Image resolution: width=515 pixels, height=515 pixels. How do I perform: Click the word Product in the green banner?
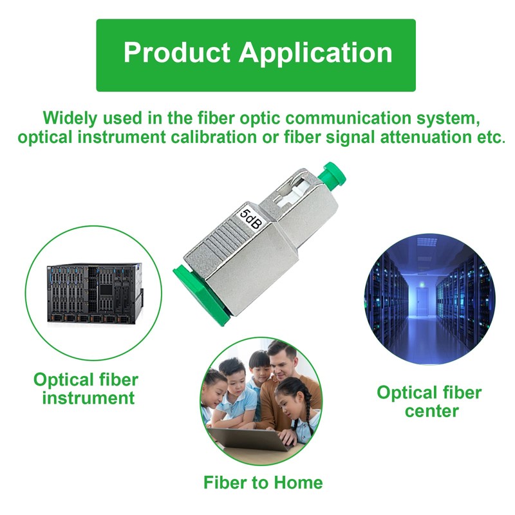tap(177, 52)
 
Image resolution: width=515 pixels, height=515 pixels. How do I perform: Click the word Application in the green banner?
tap(315, 53)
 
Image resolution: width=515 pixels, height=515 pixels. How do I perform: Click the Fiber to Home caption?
tap(263, 482)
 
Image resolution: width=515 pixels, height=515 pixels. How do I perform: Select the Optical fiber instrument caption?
tap(86, 389)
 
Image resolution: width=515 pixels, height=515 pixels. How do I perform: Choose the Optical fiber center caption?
tap(429, 401)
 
